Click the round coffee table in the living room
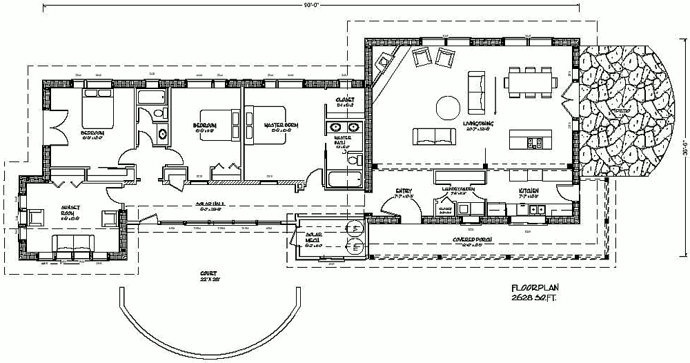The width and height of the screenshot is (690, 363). [448, 107]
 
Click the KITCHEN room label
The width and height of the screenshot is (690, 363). [529, 190]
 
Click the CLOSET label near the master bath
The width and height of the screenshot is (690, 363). [344, 100]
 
